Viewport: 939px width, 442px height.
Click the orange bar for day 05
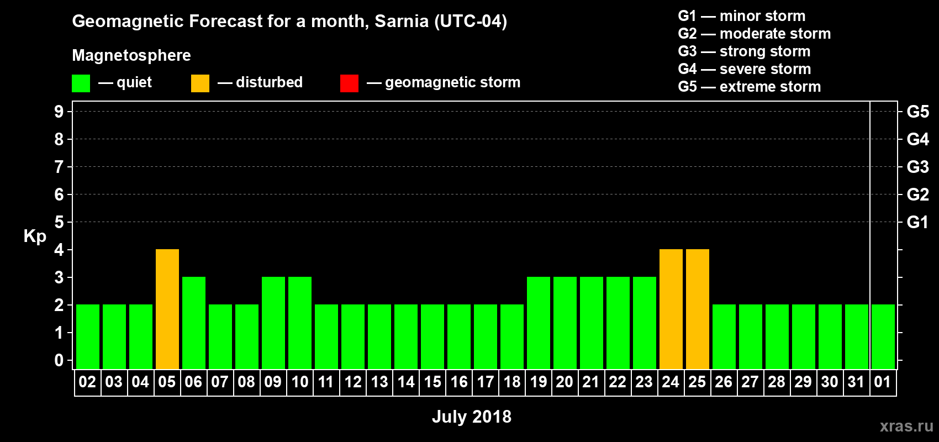167,309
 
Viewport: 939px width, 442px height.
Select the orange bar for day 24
671,309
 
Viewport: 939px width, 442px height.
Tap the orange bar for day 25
698,309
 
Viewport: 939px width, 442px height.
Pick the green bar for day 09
273,323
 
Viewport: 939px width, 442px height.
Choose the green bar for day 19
539,323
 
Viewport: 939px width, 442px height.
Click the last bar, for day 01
883,336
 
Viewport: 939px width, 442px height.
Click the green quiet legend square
81,83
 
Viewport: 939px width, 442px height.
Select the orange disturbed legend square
200,83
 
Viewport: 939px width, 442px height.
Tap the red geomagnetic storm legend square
349,83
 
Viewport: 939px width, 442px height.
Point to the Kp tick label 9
59,112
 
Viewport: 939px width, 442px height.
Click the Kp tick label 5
59,222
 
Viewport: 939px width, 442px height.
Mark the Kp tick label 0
59,361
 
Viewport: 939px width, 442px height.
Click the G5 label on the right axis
917,112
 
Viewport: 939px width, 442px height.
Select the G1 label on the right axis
917,222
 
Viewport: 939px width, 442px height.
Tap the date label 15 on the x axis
432,382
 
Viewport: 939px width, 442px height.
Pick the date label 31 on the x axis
856,382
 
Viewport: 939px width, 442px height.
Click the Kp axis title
35,236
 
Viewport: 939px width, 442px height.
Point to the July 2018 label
472,417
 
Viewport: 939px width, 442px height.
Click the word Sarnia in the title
402,22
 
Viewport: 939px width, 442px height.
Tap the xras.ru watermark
906,426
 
